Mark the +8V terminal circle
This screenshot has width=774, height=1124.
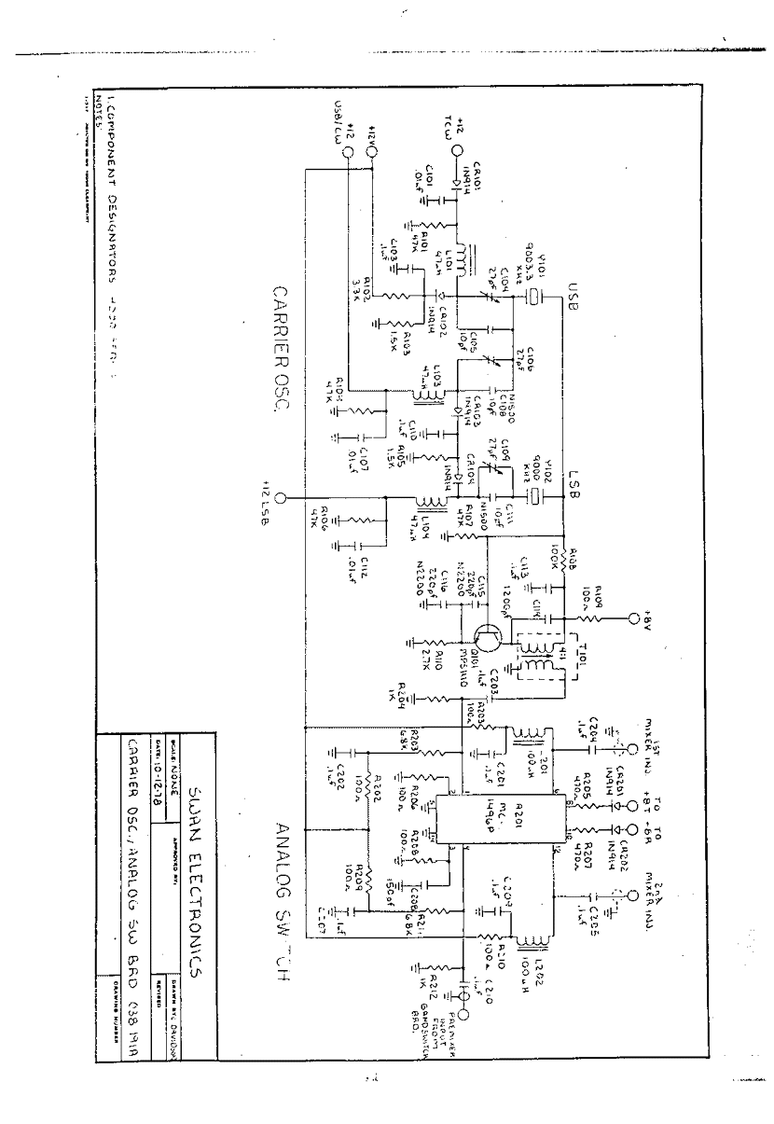(x=635, y=618)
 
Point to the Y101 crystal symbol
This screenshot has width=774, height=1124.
(x=532, y=298)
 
